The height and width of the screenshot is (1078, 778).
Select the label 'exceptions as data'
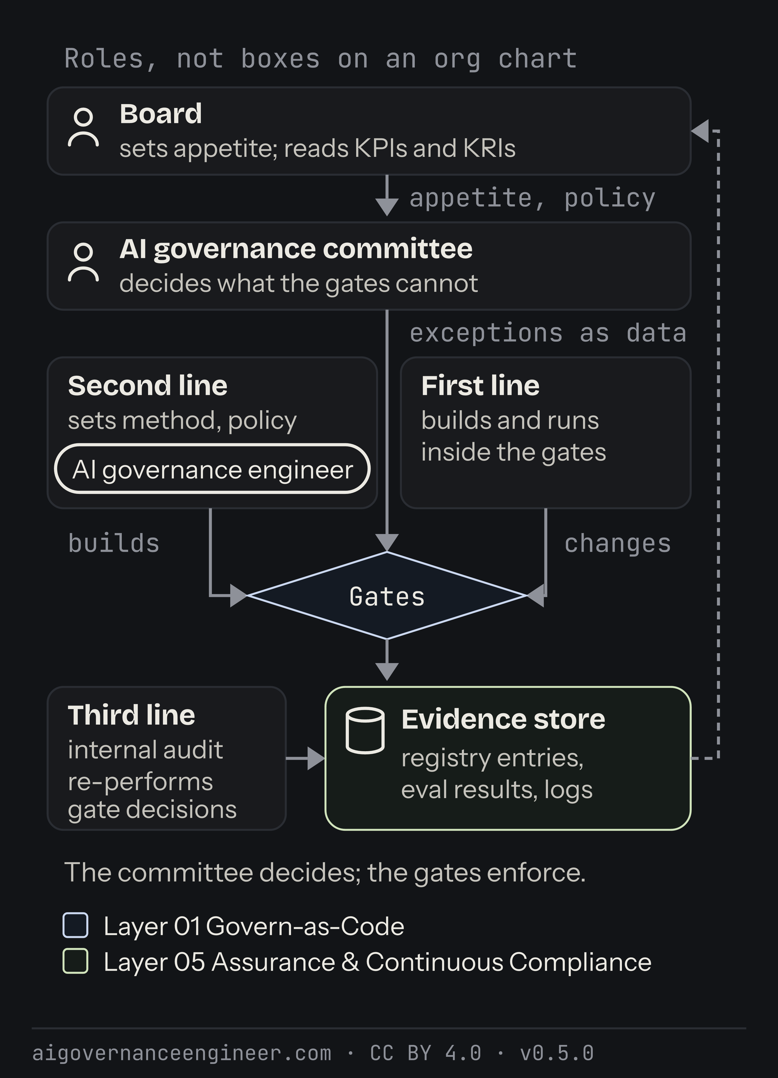click(548, 333)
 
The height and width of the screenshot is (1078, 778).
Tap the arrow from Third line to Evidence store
click(306, 758)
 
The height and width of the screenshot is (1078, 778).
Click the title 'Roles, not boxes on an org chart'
click(321, 59)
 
